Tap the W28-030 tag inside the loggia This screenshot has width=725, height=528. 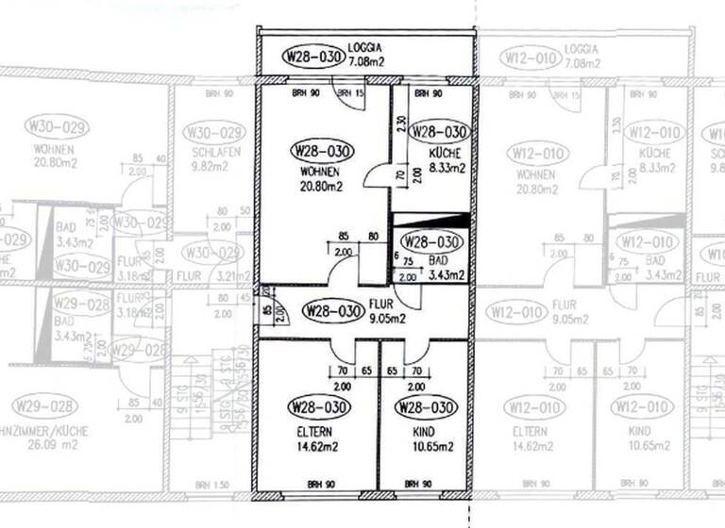(x=312, y=57)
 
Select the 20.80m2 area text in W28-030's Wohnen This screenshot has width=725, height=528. (x=321, y=188)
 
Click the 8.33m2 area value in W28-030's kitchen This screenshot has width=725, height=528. (x=447, y=169)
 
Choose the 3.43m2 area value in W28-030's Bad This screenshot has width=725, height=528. (x=446, y=275)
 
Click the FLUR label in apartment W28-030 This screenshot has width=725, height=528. (x=382, y=304)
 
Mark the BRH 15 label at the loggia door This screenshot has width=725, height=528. (x=351, y=92)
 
